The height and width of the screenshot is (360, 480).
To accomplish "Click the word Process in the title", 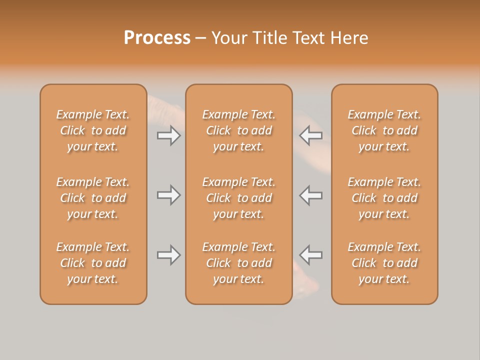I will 157,38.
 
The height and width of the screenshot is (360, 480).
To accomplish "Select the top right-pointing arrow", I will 168,135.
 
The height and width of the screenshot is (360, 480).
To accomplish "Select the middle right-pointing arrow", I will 168,195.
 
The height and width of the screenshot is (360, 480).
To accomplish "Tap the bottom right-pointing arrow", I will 168,255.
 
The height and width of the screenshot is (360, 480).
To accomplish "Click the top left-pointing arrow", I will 311,135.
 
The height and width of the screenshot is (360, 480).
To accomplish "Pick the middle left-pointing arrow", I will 311,195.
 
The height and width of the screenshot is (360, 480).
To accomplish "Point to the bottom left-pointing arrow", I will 311,255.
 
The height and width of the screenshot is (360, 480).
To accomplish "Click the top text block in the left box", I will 93,130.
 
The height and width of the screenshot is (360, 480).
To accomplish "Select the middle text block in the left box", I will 93,198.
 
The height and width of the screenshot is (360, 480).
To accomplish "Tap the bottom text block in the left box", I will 93,263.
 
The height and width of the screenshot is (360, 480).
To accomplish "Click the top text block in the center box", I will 238,130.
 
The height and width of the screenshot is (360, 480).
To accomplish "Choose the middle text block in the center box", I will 238,198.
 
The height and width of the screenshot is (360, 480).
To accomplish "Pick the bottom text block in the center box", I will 238,263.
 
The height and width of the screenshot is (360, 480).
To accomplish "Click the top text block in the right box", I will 384,130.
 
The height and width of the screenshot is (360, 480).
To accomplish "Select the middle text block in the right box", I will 384,198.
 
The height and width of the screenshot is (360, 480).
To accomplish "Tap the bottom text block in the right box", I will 384,263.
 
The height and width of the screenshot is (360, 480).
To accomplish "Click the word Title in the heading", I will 270,38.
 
